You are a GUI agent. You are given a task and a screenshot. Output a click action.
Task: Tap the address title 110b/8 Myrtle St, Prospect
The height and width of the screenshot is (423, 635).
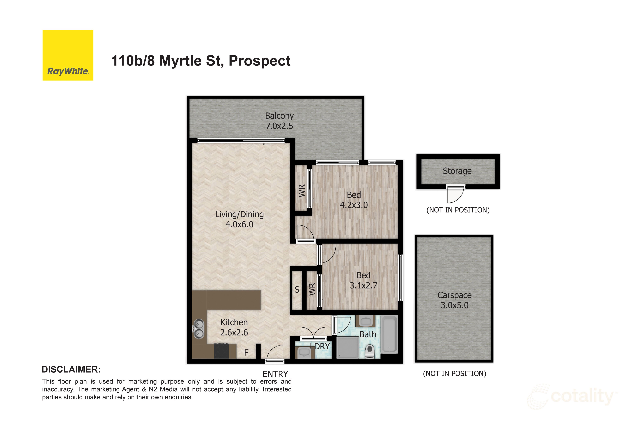click(x=201, y=61)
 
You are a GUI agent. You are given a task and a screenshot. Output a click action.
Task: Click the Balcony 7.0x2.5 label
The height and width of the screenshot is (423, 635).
click(x=279, y=121)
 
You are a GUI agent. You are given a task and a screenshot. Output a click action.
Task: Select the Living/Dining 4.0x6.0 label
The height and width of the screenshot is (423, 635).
click(x=240, y=219)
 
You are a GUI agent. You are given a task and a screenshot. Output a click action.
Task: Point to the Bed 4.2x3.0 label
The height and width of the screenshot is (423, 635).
click(x=354, y=200)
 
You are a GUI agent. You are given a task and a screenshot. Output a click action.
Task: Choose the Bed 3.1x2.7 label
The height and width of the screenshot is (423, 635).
click(x=363, y=280)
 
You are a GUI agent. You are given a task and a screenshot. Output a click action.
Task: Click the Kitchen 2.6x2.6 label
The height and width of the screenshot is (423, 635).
click(x=234, y=327)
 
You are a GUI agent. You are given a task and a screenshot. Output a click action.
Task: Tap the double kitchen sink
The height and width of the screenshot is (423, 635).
click(x=199, y=329)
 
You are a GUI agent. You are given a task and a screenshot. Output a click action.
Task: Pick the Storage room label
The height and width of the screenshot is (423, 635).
click(x=457, y=171)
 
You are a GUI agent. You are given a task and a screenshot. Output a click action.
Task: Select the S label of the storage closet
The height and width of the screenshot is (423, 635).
click(x=297, y=289)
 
